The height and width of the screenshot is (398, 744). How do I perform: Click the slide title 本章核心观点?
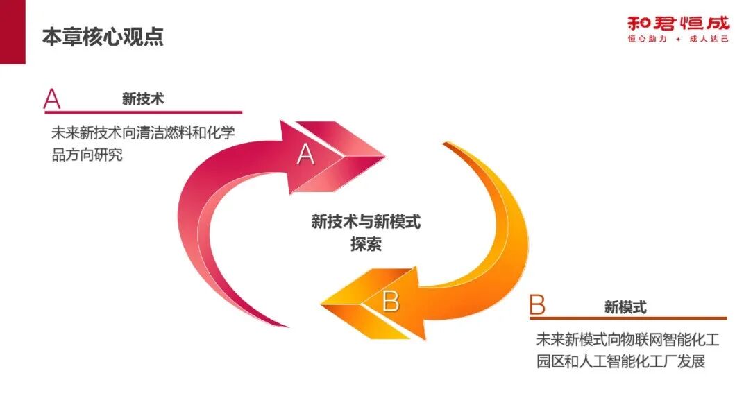coord(103,36)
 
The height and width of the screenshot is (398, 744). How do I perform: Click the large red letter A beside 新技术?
coord(52,99)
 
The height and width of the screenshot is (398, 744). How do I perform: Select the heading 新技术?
coord(143,99)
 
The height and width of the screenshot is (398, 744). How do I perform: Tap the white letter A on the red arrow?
coord(305,154)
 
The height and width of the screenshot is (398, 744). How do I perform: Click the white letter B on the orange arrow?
coord(391,302)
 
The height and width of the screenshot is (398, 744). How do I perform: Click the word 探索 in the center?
coord(366,244)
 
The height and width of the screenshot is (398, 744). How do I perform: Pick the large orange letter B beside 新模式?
coord(537,305)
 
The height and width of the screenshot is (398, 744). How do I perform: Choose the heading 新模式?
coord(625,306)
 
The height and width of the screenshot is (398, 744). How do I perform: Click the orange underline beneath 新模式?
coord(628,318)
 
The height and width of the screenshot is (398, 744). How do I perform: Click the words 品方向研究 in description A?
coord(87,155)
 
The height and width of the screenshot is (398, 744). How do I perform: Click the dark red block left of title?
coord(12,32)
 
